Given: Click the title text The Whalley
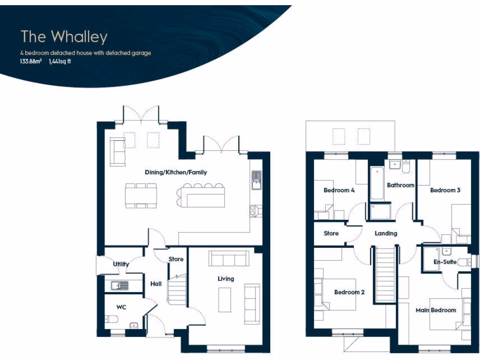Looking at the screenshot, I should [x=64, y=37].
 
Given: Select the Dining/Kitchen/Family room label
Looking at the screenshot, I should [x=176, y=172].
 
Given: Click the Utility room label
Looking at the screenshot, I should [x=121, y=264].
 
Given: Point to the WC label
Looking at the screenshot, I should [x=121, y=307].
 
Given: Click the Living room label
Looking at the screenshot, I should [x=225, y=279].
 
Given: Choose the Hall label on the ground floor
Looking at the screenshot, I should [x=156, y=284].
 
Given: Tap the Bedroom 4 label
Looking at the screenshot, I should [x=339, y=190].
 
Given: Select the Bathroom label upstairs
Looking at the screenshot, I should [x=400, y=185].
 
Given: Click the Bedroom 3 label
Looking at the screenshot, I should [x=445, y=190].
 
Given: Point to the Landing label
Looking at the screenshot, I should [x=386, y=233].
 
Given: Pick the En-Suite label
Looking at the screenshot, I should [x=444, y=262].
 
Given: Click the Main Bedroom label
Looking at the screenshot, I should [x=435, y=310].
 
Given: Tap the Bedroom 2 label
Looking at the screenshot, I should [x=349, y=292].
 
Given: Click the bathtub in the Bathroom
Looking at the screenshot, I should [x=377, y=183].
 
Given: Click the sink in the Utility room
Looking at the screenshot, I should [x=120, y=285].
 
